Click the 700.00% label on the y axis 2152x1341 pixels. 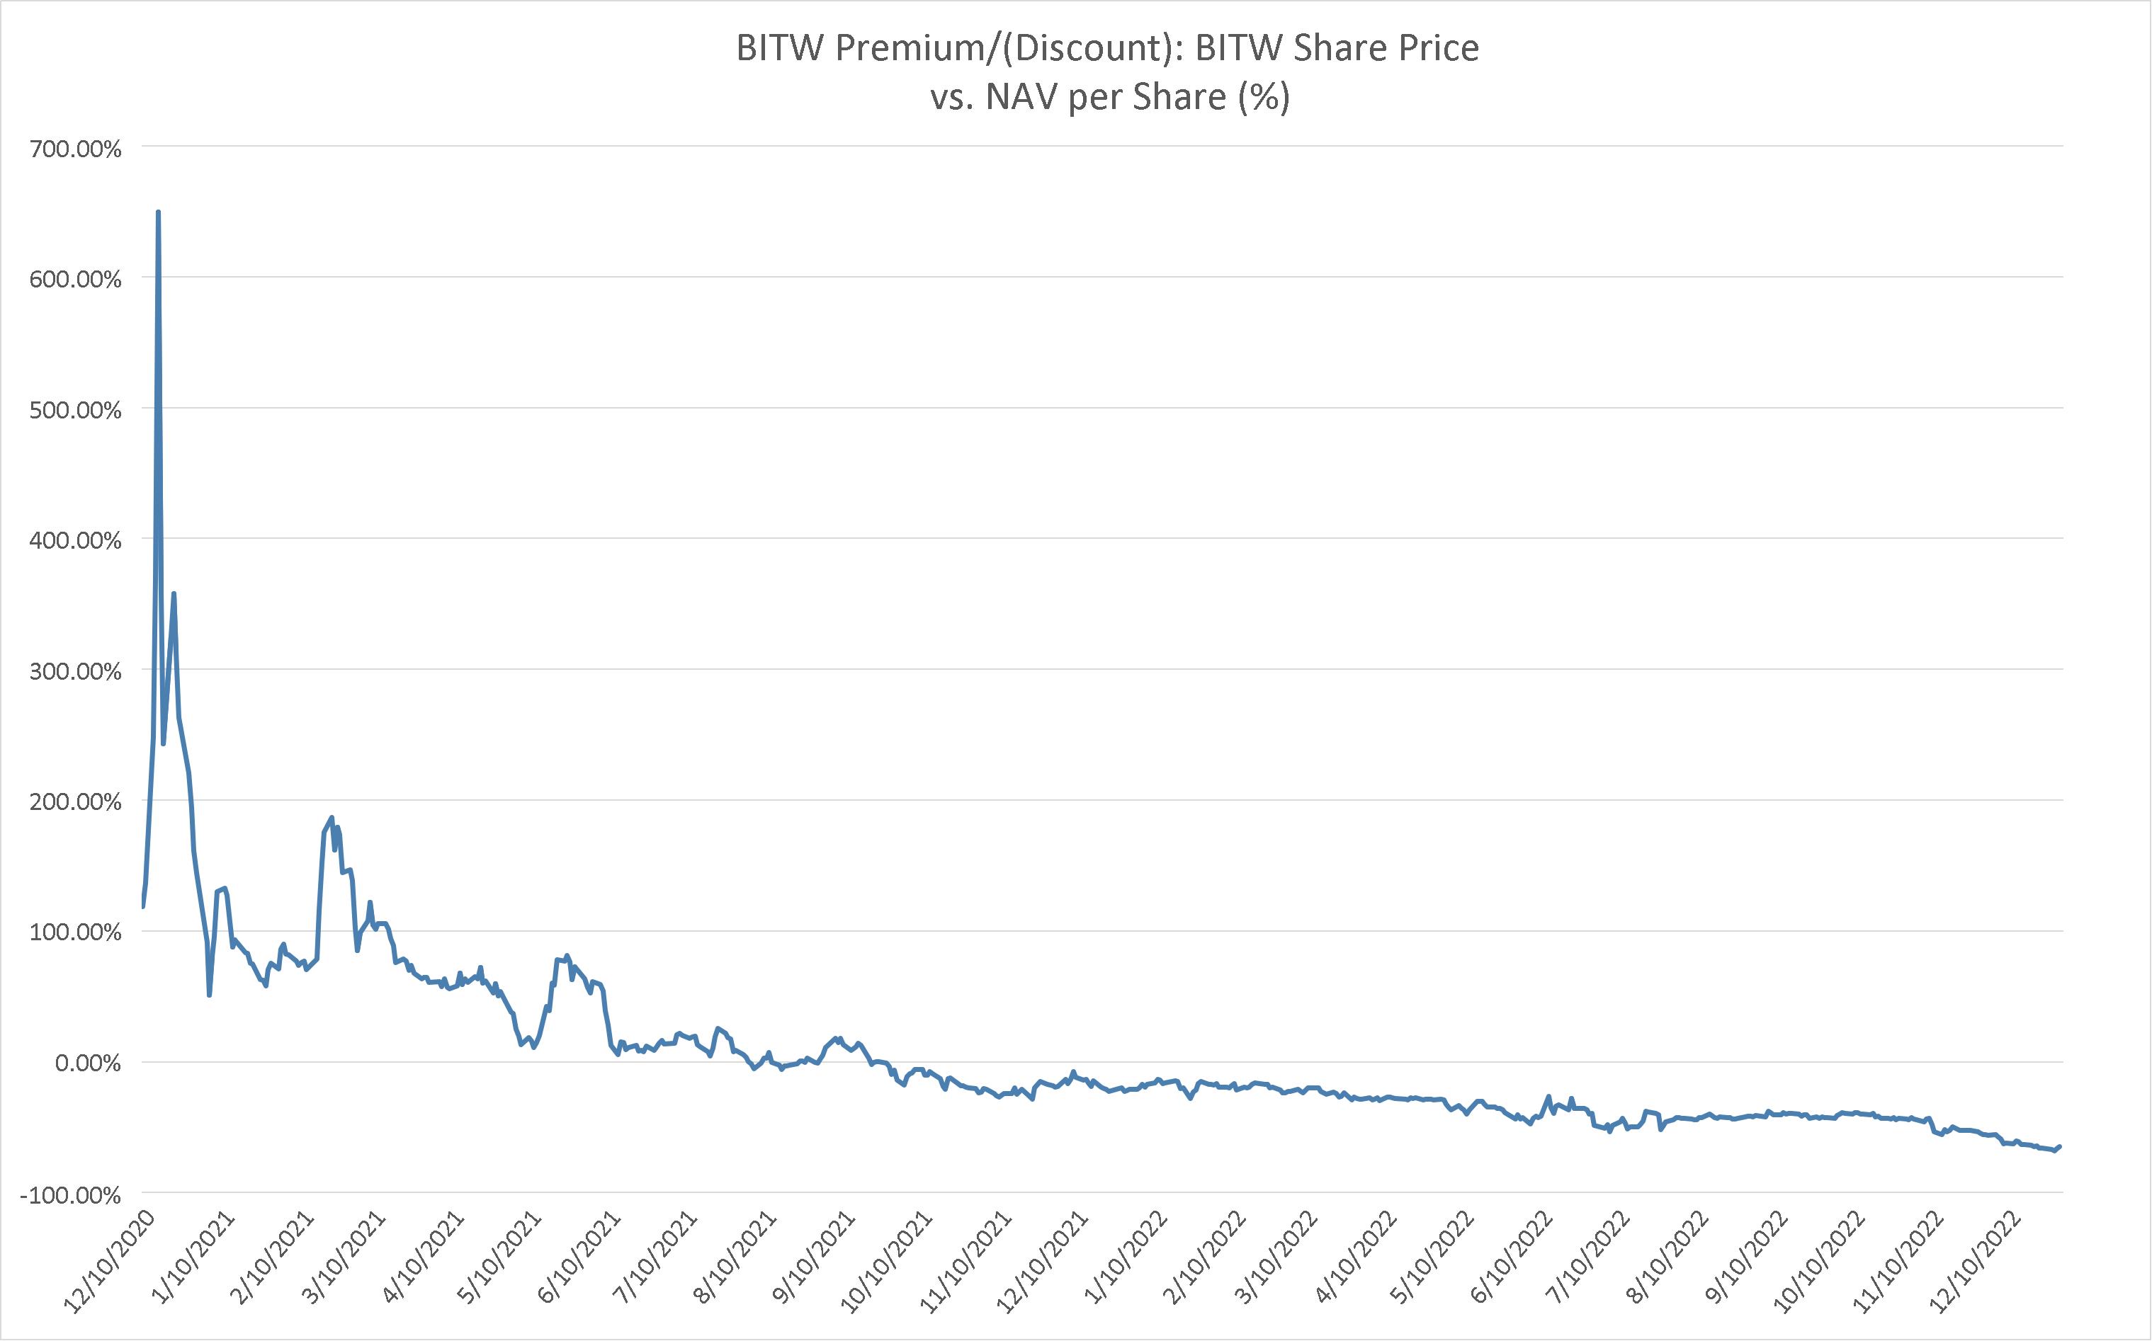tap(75, 148)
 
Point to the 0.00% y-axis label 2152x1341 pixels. tap(88, 1063)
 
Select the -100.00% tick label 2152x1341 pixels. tap(70, 1196)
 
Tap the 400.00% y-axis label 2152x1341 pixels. tap(75, 540)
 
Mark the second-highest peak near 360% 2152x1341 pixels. tap(174, 593)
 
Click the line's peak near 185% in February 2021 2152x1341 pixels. tap(332, 818)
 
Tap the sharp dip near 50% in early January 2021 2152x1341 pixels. tap(210, 995)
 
